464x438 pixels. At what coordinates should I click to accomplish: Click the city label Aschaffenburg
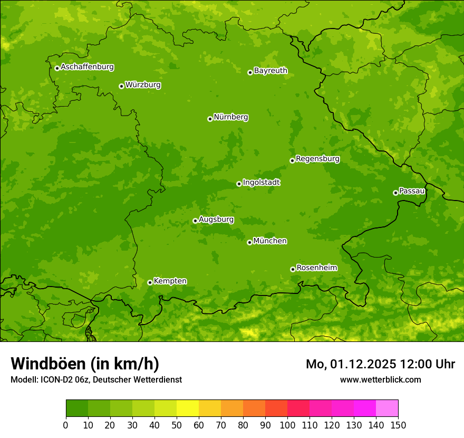pyautogui.click(x=87, y=67)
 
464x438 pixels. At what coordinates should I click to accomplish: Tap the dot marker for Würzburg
pyautogui.click(x=121, y=86)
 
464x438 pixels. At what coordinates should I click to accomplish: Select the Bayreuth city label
pyautogui.click(x=270, y=70)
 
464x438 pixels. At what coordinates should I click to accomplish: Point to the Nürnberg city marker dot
pyautogui.click(x=210, y=119)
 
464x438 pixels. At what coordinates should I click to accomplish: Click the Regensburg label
pyautogui.click(x=317, y=158)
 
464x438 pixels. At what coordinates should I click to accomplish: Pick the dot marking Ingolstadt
pyautogui.click(x=239, y=184)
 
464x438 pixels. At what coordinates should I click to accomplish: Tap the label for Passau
pyautogui.click(x=412, y=191)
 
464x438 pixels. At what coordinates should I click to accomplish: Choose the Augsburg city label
pyautogui.click(x=216, y=219)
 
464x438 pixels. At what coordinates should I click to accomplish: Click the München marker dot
pyautogui.click(x=249, y=242)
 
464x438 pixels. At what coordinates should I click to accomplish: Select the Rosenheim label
pyautogui.click(x=316, y=268)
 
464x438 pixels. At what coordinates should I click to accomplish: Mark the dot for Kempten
pyautogui.click(x=150, y=282)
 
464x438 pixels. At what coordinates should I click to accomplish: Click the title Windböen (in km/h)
pyautogui.click(x=85, y=364)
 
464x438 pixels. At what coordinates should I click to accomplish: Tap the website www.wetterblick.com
pyautogui.click(x=380, y=379)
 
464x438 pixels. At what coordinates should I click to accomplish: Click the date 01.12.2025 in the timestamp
pyautogui.click(x=364, y=364)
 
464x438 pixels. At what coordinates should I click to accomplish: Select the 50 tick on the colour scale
pyautogui.click(x=177, y=425)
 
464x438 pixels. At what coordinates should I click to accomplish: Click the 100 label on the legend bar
pyautogui.click(x=287, y=425)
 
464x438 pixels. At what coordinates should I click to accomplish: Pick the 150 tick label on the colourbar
pyautogui.click(x=398, y=425)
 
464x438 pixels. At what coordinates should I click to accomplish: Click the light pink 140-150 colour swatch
pyautogui.click(x=387, y=408)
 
